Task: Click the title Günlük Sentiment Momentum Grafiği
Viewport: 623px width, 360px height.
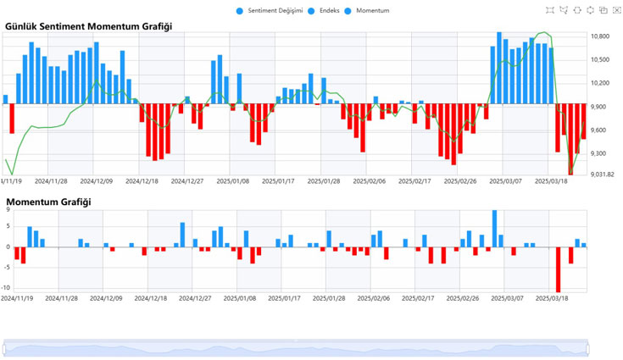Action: [88, 26]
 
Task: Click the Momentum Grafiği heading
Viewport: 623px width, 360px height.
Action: [48, 202]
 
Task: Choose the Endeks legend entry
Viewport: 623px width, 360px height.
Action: [326, 10]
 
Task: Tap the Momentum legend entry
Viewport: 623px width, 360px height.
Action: [367, 10]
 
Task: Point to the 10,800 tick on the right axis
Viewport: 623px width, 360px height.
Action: [600, 37]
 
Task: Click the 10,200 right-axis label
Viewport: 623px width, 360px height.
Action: [600, 83]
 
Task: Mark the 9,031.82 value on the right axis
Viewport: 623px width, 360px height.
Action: [603, 174]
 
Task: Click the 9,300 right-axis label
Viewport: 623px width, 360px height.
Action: [598, 153]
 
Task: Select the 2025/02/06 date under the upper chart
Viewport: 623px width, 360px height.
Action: [369, 181]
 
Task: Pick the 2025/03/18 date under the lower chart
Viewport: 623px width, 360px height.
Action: [551, 298]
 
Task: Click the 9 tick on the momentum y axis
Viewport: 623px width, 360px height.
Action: [8, 209]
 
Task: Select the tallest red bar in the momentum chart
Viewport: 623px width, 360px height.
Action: [558, 269]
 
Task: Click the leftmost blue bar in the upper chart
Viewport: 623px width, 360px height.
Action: [6, 99]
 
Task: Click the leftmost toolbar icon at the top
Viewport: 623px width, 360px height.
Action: [551, 10]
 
